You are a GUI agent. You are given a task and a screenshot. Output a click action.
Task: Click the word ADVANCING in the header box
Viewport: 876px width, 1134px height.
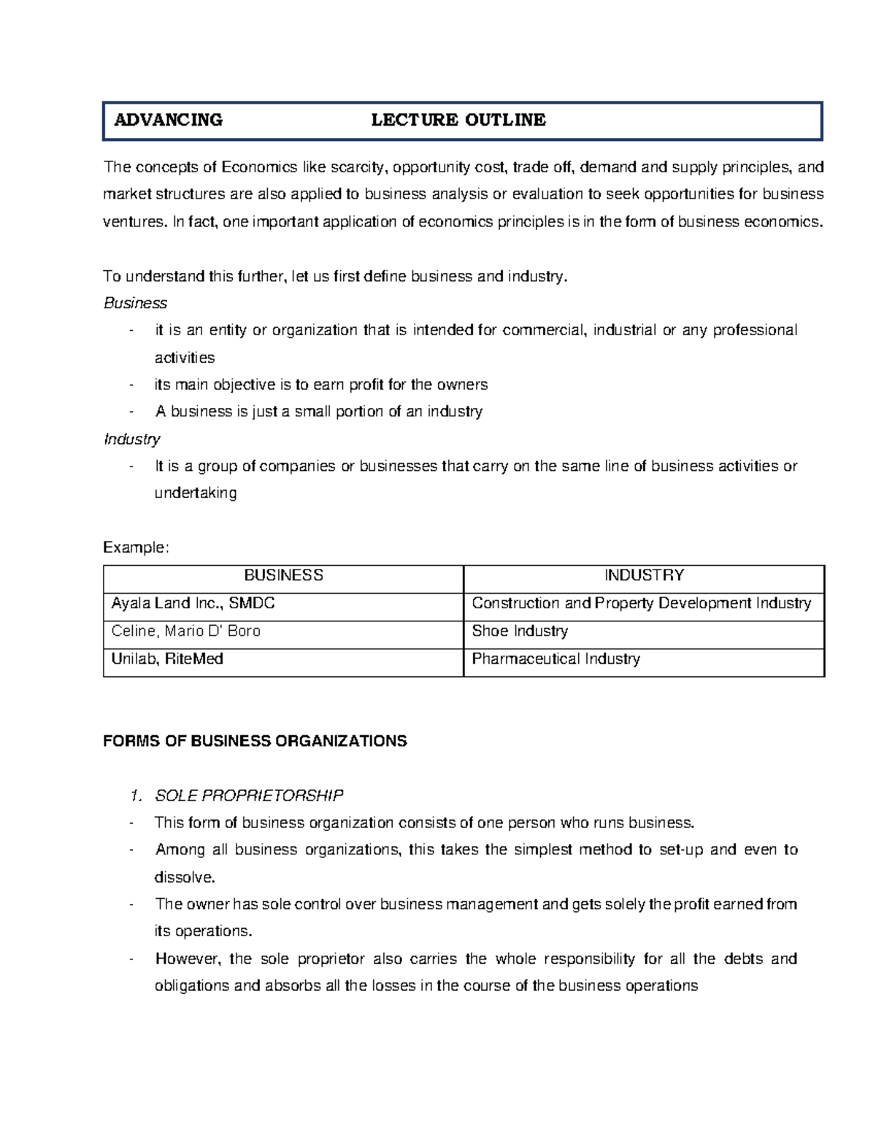pos(168,120)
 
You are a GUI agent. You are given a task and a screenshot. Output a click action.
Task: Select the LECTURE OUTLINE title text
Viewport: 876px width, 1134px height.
pos(458,120)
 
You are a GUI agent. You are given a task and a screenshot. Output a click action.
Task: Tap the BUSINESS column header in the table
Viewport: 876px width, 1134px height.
pos(283,575)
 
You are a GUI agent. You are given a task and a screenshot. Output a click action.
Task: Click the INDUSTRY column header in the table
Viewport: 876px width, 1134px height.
pos(644,575)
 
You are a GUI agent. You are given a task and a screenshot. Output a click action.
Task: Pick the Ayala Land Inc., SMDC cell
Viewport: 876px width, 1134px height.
pos(193,603)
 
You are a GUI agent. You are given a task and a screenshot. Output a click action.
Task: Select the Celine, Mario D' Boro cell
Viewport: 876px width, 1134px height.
pos(185,631)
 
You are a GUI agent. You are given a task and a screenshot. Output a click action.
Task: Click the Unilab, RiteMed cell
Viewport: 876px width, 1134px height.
pos(167,659)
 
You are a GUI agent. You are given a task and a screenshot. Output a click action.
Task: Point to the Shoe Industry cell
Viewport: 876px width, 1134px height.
pos(520,631)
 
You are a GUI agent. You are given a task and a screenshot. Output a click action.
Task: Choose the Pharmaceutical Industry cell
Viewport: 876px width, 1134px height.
pos(556,659)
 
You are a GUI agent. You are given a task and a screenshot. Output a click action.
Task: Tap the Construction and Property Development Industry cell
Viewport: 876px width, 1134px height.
pos(641,603)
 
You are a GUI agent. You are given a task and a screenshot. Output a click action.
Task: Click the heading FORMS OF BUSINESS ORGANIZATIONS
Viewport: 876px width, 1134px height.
pos(255,741)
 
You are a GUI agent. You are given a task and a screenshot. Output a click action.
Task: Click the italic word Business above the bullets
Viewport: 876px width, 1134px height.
pos(135,303)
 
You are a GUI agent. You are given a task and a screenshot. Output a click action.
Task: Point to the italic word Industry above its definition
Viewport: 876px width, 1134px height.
pos(131,439)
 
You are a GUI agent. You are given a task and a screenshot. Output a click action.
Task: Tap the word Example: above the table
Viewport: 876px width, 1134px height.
pos(136,548)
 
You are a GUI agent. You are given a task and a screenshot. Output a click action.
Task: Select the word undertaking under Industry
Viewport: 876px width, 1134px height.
pos(196,493)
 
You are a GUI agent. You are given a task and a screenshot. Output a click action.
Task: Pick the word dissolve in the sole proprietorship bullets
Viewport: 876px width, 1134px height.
pos(184,877)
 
